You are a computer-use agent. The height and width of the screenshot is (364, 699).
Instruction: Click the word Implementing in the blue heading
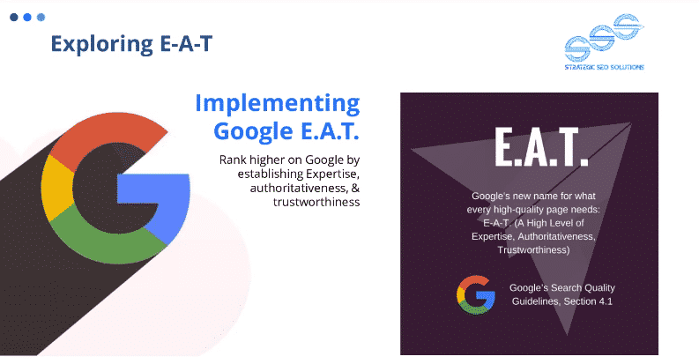277,103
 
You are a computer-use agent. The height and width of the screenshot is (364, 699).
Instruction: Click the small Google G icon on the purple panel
475,294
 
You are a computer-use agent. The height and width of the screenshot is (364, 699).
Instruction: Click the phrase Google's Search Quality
561,288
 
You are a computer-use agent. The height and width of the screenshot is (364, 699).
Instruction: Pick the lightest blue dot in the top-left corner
41,17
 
